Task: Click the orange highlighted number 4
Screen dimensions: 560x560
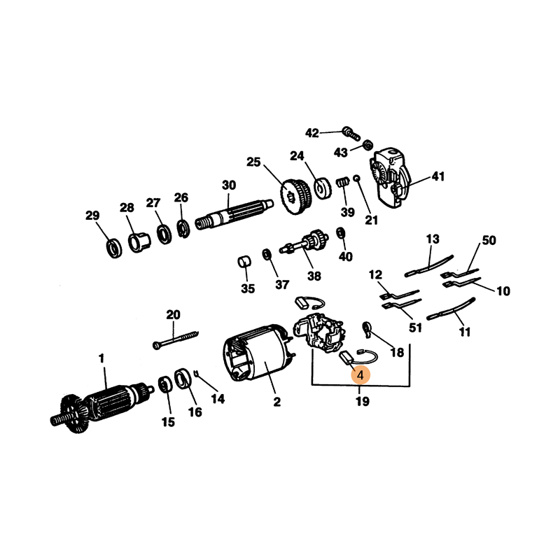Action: coord(360,375)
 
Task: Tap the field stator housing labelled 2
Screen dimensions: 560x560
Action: coord(258,353)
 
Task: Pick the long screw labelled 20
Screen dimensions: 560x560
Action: coord(176,339)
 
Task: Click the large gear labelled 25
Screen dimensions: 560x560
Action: coord(296,197)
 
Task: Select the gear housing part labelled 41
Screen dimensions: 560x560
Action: coord(390,178)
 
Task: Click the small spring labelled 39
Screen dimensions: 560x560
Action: coord(343,183)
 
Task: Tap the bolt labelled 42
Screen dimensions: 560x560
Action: coord(351,133)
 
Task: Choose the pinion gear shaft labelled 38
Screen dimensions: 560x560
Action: coord(304,244)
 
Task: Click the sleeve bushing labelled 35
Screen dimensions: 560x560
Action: coord(244,262)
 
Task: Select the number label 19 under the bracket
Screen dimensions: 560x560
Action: coord(362,401)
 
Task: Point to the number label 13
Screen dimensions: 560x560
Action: coord(433,239)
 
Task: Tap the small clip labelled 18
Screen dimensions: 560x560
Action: coord(367,329)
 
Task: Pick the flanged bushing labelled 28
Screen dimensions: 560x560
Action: coord(139,242)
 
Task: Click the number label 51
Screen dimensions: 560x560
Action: coord(415,328)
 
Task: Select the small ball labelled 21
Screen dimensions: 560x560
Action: coord(356,178)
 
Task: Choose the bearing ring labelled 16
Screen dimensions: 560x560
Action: coord(183,380)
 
